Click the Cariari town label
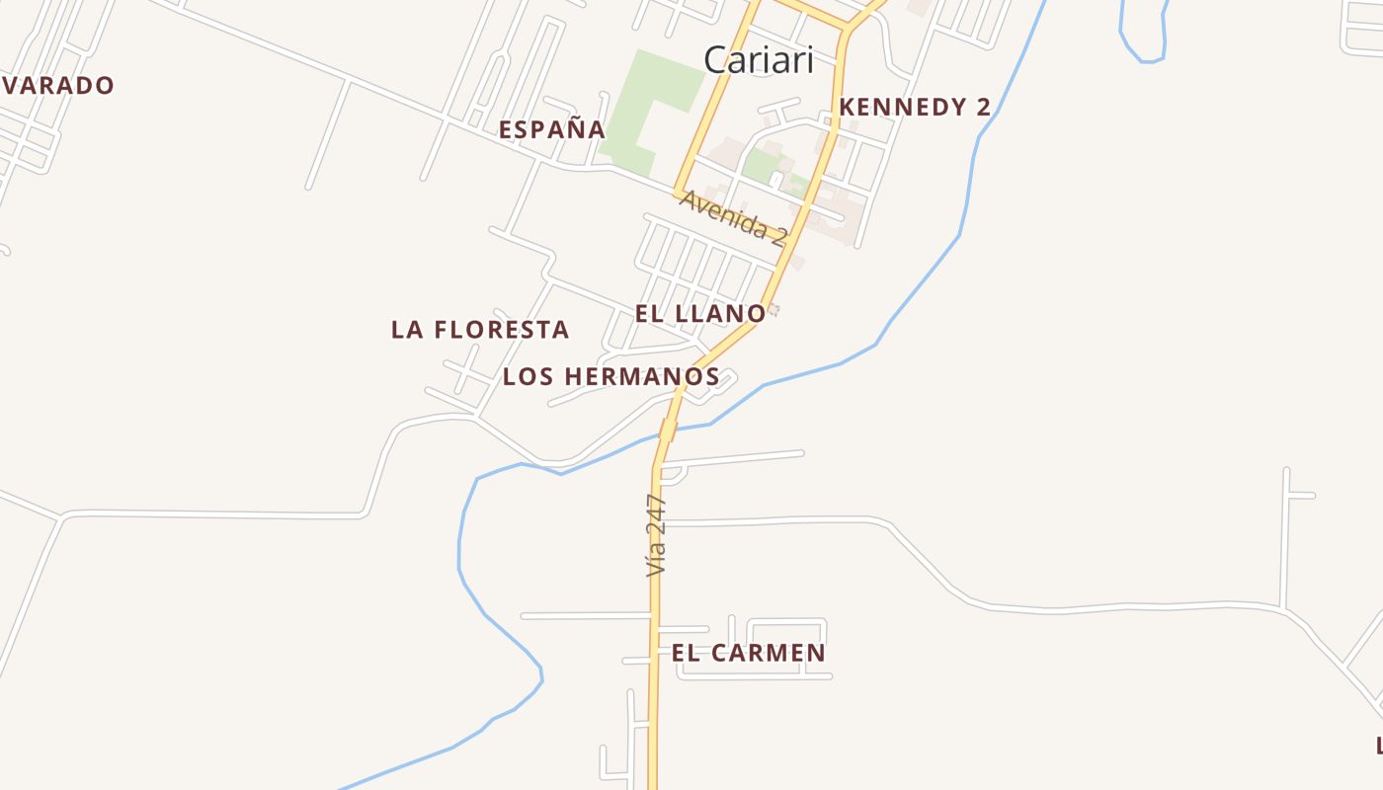(759, 60)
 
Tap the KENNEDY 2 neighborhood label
(915, 108)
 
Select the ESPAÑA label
(551, 129)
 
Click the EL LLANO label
(699, 314)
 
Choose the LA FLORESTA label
(480, 330)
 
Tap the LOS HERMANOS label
(610, 376)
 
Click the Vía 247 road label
(656, 535)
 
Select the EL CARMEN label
(748, 653)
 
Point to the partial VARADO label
(57, 86)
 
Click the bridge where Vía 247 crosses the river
(669, 430)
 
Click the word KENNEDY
(898, 108)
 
